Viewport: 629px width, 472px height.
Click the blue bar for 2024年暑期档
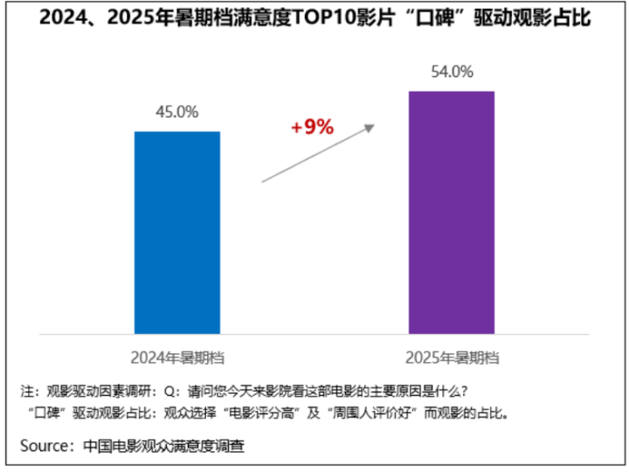[x=176, y=232]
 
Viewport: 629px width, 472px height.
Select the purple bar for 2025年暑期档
[x=452, y=212]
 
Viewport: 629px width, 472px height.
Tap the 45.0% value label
[x=176, y=112]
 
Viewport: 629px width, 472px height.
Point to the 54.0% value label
[x=452, y=72]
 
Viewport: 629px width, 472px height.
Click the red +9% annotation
[x=312, y=127]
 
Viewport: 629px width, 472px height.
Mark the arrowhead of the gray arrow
[x=370, y=128]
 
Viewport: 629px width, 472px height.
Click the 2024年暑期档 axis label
[x=176, y=357]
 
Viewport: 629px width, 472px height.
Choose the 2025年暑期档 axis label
[x=452, y=357]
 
